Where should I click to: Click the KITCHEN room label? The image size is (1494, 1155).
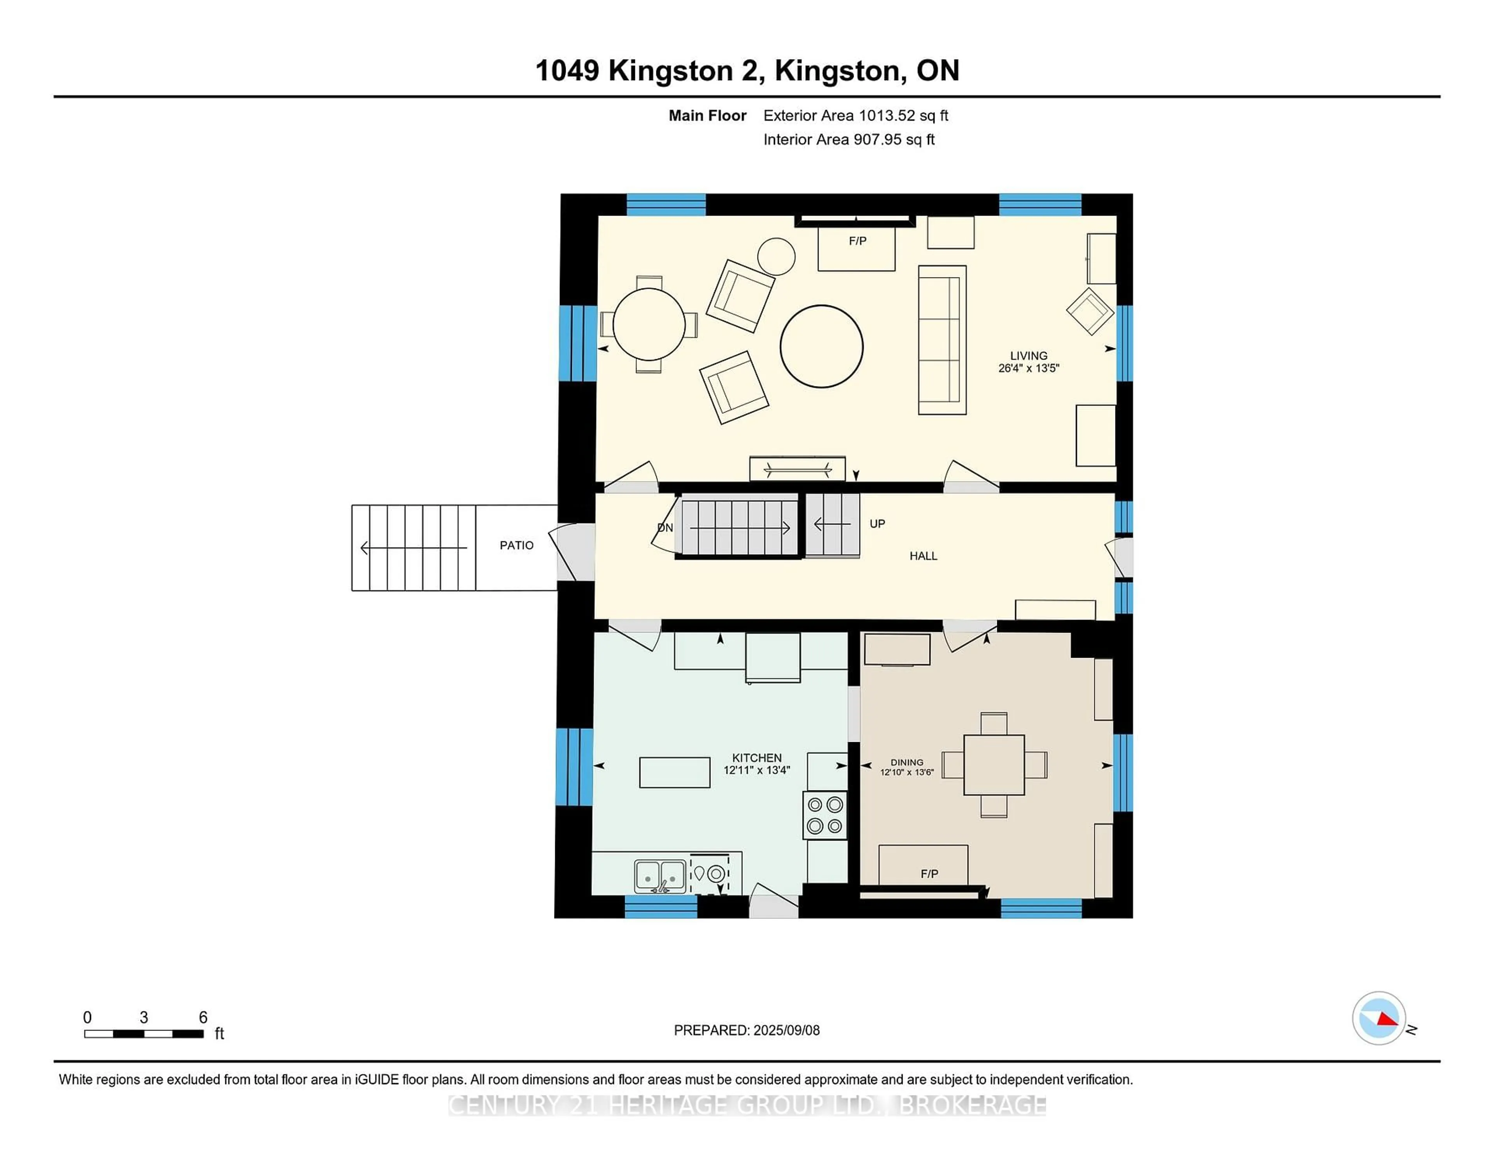(757, 757)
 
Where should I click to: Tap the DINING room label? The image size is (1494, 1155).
(907, 762)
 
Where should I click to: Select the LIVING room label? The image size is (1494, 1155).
(1028, 355)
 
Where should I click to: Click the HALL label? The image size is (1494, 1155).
(923, 556)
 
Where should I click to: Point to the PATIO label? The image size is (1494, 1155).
(516, 545)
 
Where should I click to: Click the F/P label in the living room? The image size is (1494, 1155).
(857, 241)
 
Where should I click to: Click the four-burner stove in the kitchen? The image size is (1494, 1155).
(824, 815)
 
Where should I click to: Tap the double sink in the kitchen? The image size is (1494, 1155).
(659, 876)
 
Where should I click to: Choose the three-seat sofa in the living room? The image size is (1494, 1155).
(941, 340)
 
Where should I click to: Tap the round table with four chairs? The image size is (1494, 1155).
(649, 324)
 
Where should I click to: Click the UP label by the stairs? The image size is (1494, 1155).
(877, 523)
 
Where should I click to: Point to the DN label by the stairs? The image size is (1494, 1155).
(664, 528)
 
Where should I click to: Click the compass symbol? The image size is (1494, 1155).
(1378, 1018)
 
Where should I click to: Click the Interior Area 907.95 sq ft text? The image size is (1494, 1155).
(848, 140)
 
